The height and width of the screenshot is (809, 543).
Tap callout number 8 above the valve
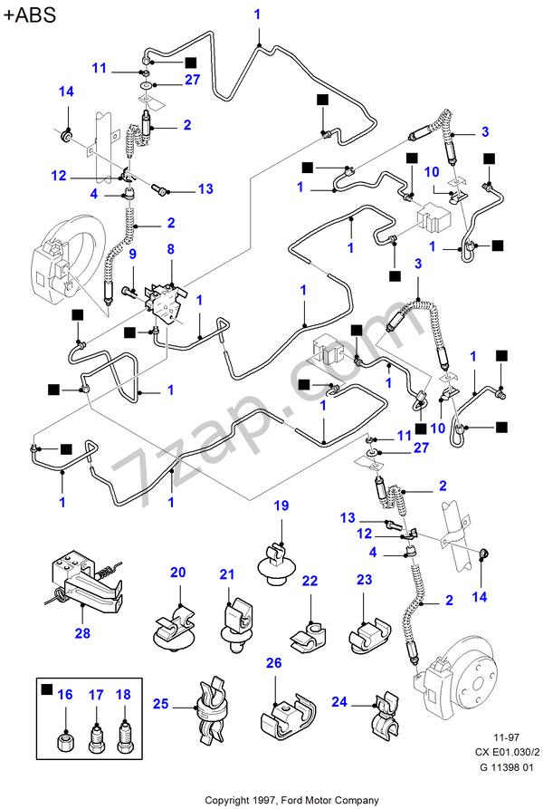point(169,248)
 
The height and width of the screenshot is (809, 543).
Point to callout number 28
point(82,633)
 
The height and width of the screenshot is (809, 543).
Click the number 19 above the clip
point(281,506)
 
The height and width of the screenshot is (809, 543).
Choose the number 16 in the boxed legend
point(64,695)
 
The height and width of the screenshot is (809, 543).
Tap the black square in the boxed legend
point(46,690)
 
